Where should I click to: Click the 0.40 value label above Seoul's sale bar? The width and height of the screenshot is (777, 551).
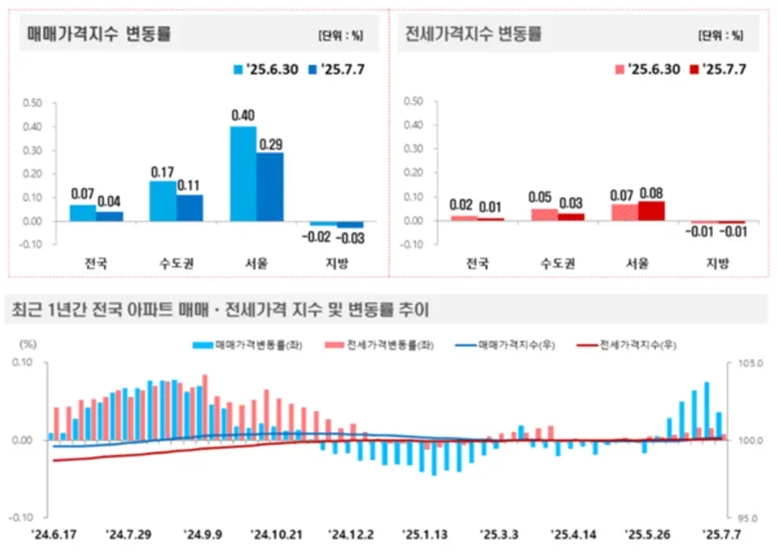point(243,116)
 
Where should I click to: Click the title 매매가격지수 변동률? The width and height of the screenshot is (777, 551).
point(100,35)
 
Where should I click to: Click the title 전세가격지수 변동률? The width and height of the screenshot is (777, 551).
point(473,35)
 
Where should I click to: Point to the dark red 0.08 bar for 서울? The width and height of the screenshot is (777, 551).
point(652,211)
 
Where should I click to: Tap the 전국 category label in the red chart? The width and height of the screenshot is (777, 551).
point(477,263)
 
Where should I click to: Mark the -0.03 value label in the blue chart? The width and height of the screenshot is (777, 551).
point(351,237)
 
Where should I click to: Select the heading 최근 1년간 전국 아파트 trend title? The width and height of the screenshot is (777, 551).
point(218,308)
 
